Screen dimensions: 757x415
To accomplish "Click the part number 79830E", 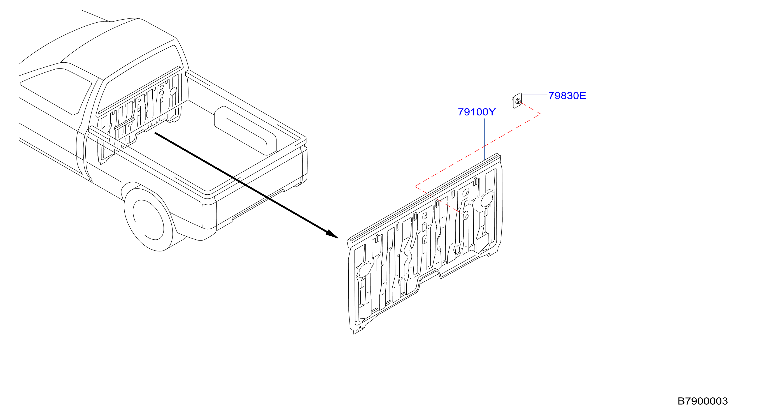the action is coord(567,96).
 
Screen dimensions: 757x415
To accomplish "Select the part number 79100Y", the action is coord(476,112).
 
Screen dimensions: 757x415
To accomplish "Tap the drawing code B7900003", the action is coord(702,401).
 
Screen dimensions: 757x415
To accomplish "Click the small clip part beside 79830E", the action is coord(517,101).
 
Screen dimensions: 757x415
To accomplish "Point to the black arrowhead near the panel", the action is coord(332,234).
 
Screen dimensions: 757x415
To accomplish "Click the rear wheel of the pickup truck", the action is coord(148,220).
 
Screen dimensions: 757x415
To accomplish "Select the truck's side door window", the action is coord(55,91).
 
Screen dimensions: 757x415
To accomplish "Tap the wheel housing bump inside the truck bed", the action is coord(245,131).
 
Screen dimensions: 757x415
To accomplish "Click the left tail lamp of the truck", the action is coord(209,216).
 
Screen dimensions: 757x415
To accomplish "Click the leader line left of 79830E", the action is coord(535,95).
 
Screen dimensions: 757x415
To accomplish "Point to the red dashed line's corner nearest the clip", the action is coord(540,114).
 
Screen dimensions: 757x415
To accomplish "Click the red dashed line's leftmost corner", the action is coord(415,186).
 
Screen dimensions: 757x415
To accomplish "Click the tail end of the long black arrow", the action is coord(155,133).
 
